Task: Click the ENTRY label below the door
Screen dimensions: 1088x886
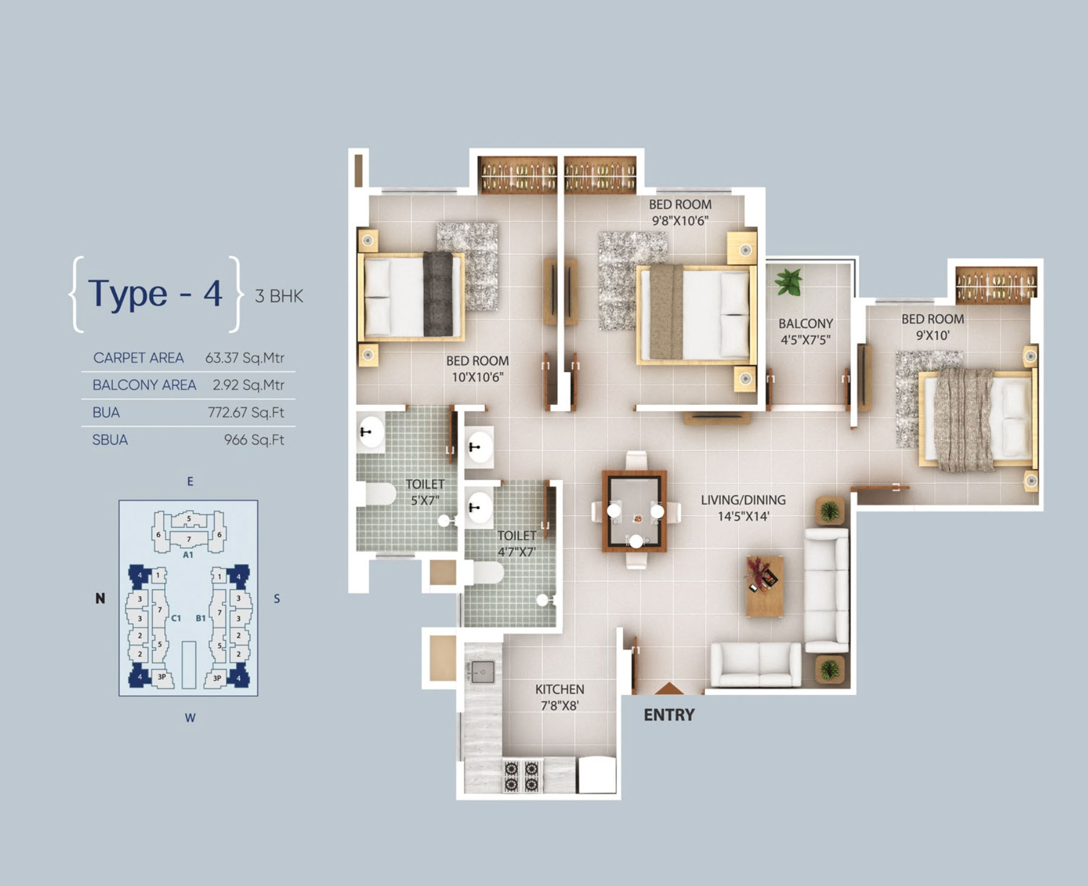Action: click(x=669, y=715)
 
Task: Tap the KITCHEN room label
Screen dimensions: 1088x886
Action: click(x=560, y=689)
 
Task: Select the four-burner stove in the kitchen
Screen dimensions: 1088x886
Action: click(x=522, y=776)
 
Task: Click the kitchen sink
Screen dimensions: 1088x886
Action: click(x=482, y=672)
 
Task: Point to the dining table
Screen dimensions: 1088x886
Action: click(x=634, y=511)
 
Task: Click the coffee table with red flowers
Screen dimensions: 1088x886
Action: click(x=764, y=586)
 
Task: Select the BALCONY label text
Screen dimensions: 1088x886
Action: click(x=806, y=324)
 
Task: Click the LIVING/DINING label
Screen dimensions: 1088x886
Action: click(x=743, y=500)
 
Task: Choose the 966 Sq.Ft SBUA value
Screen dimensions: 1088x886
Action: click(x=254, y=440)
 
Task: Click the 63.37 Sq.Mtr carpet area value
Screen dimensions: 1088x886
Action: click(x=245, y=358)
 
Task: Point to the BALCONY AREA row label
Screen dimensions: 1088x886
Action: click(x=144, y=385)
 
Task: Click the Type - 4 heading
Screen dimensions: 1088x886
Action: click(x=156, y=294)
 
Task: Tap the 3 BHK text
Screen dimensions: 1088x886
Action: click(x=279, y=296)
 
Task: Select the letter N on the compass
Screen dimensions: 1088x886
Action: click(x=100, y=598)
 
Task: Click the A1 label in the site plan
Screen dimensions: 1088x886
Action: click(x=188, y=555)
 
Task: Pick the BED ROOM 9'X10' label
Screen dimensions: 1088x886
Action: click(x=933, y=328)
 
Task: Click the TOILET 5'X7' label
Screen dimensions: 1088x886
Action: click(x=425, y=492)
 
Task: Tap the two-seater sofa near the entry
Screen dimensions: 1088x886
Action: click(x=756, y=664)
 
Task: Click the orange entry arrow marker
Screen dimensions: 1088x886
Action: click(x=669, y=688)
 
